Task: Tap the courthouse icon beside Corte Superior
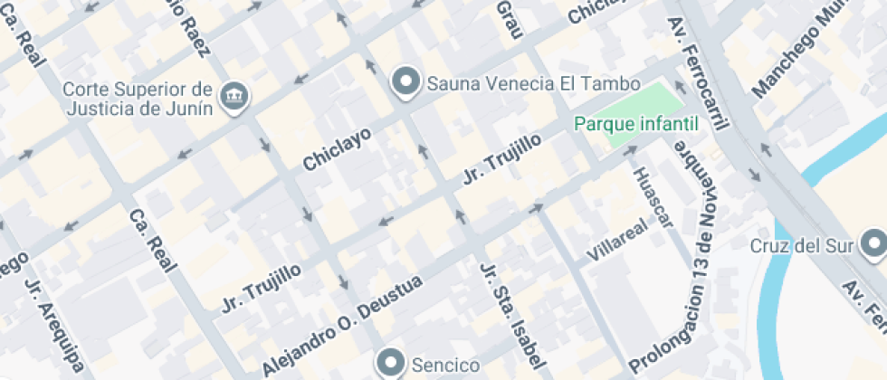point(235,94)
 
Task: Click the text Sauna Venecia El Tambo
point(507,83)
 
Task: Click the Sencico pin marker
point(392,364)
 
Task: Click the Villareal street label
point(618,239)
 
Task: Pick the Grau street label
point(510,18)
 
